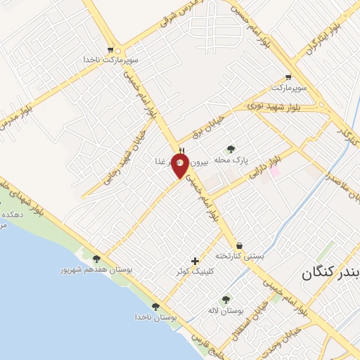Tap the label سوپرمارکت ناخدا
(x=110, y=60)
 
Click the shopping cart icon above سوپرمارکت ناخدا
(x=110, y=50)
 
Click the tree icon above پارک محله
(x=231, y=148)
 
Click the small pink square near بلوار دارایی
(x=275, y=172)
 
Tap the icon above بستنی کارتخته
(x=240, y=246)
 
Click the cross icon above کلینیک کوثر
(x=195, y=261)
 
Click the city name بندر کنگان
(x=330, y=271)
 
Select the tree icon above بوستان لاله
(x=226, y=300)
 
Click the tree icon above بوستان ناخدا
(x=155, y=307)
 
